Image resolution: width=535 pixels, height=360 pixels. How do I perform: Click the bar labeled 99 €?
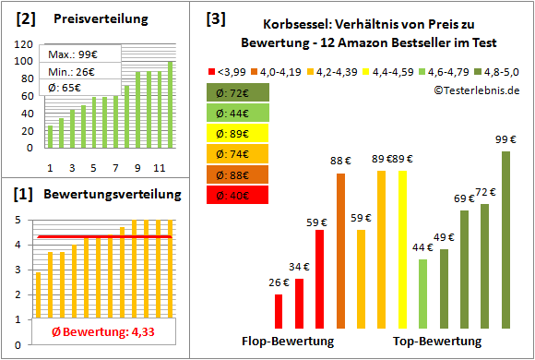click(505, 239)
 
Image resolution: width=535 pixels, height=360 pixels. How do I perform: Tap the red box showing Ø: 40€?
click(238, 195)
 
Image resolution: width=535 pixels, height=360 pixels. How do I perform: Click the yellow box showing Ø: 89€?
click(238, 132)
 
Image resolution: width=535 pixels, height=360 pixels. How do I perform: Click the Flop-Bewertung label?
click(288, 341)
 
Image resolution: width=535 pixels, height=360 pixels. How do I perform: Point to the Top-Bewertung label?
click(437, 341)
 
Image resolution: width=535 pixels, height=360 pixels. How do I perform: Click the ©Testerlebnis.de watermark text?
click(472, 89)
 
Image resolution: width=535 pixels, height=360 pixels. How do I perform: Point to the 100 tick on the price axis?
click(21, 62)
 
